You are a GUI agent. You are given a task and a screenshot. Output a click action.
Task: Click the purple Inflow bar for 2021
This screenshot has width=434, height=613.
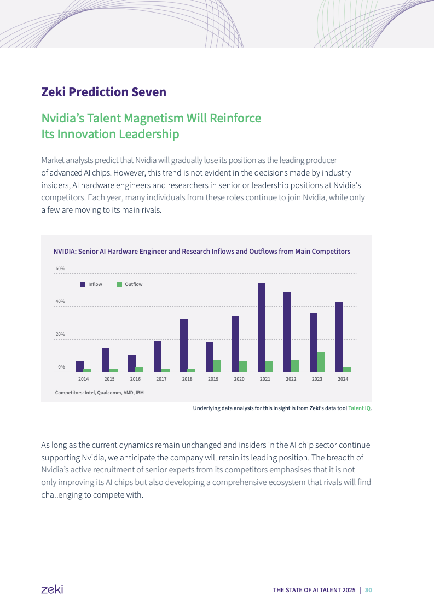(x=262, y=327)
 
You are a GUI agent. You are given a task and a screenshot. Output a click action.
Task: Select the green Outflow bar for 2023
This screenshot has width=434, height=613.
(x=321, y=361)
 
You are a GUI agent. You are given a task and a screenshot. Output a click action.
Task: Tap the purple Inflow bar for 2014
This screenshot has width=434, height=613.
(x=80, y=366)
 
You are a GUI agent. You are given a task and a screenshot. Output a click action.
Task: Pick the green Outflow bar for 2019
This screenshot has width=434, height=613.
(x=217, y=366)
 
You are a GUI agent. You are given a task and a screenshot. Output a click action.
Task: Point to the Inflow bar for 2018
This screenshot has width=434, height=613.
(x=184, y=346)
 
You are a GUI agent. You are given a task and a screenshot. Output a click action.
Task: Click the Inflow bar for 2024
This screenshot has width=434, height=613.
(x=339, y=337)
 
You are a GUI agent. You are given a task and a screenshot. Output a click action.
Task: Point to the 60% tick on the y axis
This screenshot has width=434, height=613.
(x=60, y=268)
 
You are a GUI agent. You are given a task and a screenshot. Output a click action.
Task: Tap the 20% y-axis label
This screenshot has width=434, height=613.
(x=60, y=334)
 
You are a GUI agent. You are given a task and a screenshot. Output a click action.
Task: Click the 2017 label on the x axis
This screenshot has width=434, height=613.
(x=161, y=378)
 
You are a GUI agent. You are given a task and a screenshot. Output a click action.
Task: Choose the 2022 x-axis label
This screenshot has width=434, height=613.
(x=291, y=378)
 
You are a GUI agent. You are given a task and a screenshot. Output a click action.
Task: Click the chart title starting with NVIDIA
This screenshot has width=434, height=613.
(x=201, y=252)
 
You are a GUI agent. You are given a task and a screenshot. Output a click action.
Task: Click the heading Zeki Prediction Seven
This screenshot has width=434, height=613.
(x=103, y=92)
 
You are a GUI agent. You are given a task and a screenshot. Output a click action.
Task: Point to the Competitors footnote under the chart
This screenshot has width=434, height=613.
(x=100, y=392)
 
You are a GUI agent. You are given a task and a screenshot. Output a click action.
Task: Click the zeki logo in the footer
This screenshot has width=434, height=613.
(x=52, y=589)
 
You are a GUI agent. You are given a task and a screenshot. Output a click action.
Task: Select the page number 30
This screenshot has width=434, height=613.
(x=368, y=590)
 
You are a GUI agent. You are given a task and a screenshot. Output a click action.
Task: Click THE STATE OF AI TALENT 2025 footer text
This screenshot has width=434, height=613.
(x=314, y=590)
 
